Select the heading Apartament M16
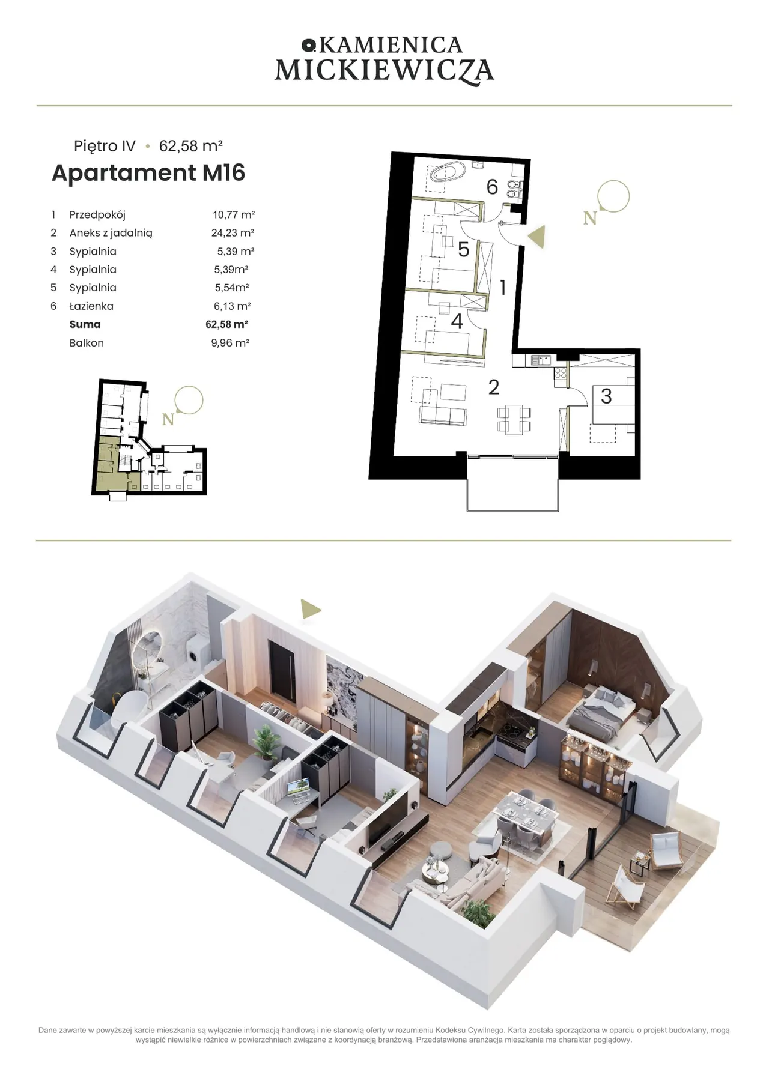coord(148,173)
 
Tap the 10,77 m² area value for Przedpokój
coord(234,214)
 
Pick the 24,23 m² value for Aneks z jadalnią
coord(233,233)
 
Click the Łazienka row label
coord(91,306)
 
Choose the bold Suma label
coord(85,324)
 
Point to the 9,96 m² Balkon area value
coord(230,343)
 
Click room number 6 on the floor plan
coord(492,187)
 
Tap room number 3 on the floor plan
coord(606,396)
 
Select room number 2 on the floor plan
coord(494,387)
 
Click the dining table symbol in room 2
coord(514,420)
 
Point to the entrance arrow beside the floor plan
coord(537,237)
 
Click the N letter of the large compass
coord(590,219)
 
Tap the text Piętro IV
coord(105,146)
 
